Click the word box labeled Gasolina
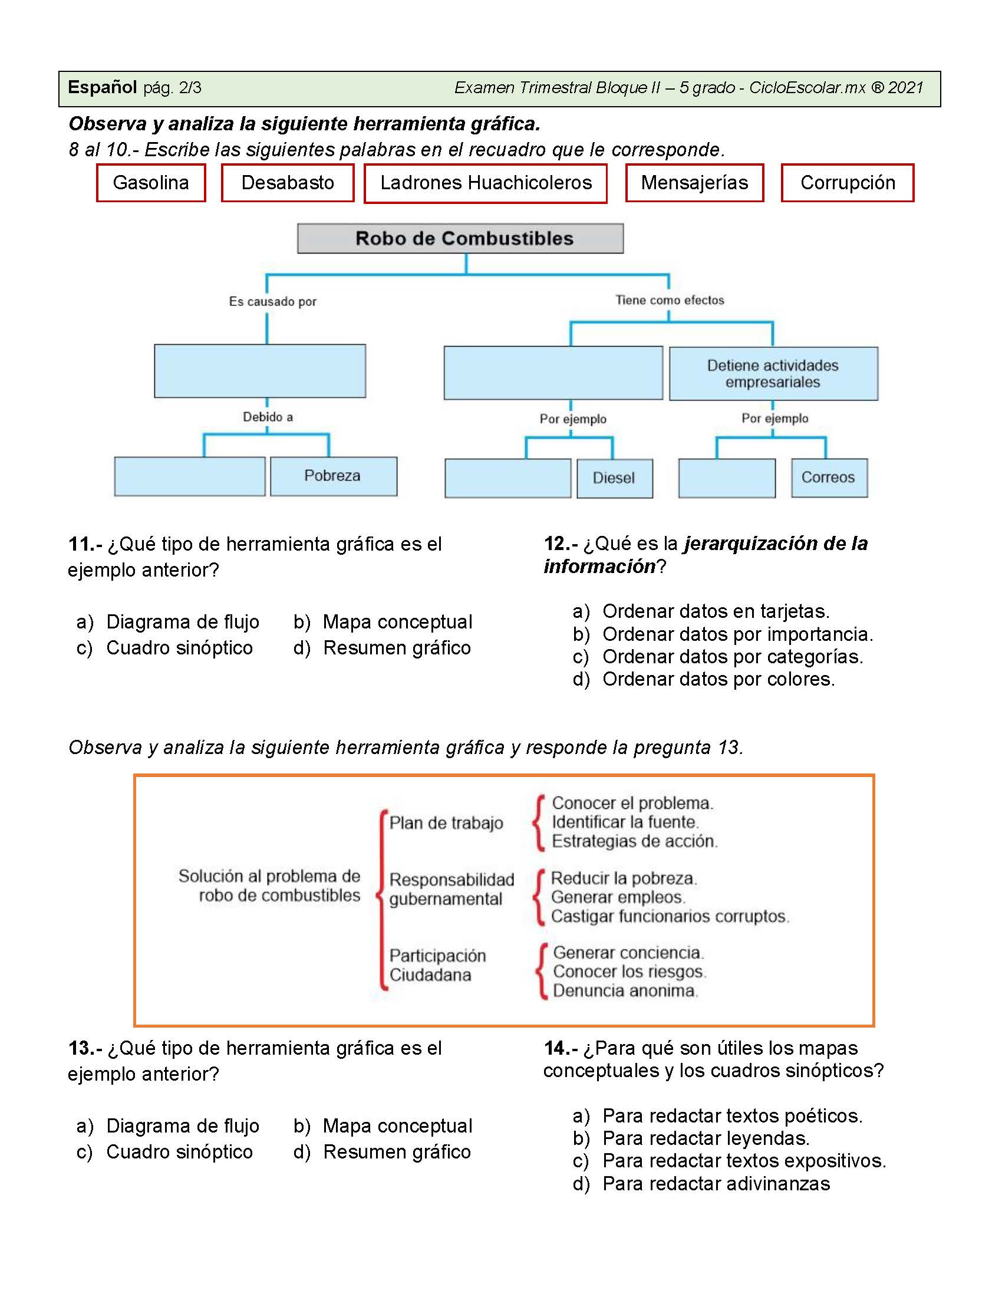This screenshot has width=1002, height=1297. (x=151, y=183)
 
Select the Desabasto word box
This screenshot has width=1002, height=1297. (x=288, y=183)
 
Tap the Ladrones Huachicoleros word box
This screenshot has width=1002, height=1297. (x=486, y=183)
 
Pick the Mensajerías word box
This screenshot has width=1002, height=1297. (x=694, y=183)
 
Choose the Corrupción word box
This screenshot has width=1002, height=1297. (x=848, y=183)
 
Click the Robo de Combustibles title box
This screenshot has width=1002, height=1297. (x=461, y=239)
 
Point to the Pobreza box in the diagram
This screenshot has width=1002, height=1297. (x=334, y=476)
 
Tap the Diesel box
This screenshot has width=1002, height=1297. (x=615, y=478)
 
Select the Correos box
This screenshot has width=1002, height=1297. (x=829, y=478)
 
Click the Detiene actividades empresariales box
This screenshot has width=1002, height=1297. (x=773, y=374)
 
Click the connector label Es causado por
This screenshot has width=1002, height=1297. (x=272, y=302)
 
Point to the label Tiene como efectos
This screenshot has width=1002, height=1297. (x=670, y=301)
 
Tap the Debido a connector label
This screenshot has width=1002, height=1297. (x=268, y=417)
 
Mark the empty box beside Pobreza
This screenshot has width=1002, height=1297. (x=190, y=476)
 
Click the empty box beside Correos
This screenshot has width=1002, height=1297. (x=727, y=478)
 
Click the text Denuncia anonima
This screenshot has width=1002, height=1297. (x=625, y=990)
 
